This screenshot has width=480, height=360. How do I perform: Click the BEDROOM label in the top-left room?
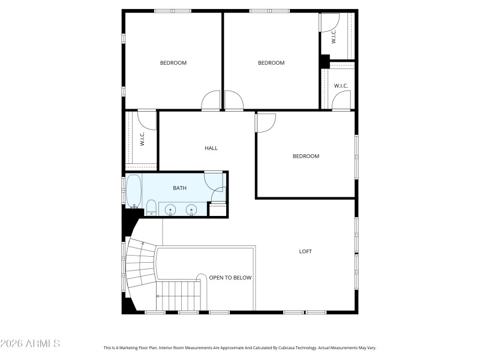[x=173, y=63]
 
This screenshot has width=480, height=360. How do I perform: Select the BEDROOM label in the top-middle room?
[x=271, y=63]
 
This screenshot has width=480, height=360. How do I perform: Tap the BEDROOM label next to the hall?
[x=305, y=156]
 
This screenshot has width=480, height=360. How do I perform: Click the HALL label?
[x=211, y=148]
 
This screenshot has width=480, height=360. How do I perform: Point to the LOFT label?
[x=305, y=251]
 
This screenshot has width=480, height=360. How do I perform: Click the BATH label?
[x=179, y=188]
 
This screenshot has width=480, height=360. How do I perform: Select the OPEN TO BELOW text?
[x=230, y=278]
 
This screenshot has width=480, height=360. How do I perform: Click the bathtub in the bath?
[x=133, y=190]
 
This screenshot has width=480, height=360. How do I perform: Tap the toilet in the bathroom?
[x=151, y=208]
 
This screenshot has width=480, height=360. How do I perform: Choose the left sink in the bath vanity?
[x=170, y=209]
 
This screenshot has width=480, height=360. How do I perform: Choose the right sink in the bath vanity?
[x=191, y=209]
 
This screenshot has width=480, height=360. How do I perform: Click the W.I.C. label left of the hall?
[x=142, y=140]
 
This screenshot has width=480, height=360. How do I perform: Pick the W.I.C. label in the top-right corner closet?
[x=334, y=35]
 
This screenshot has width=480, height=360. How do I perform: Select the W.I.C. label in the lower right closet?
[x=341, y=86]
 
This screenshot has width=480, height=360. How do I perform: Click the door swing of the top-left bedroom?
[x=211, y=101]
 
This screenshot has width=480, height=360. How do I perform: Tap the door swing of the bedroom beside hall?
[x=265, y=122]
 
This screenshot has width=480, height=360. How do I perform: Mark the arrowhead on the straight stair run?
[x=158, y=296]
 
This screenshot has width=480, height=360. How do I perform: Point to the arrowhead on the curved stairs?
[x=142, y=243]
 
